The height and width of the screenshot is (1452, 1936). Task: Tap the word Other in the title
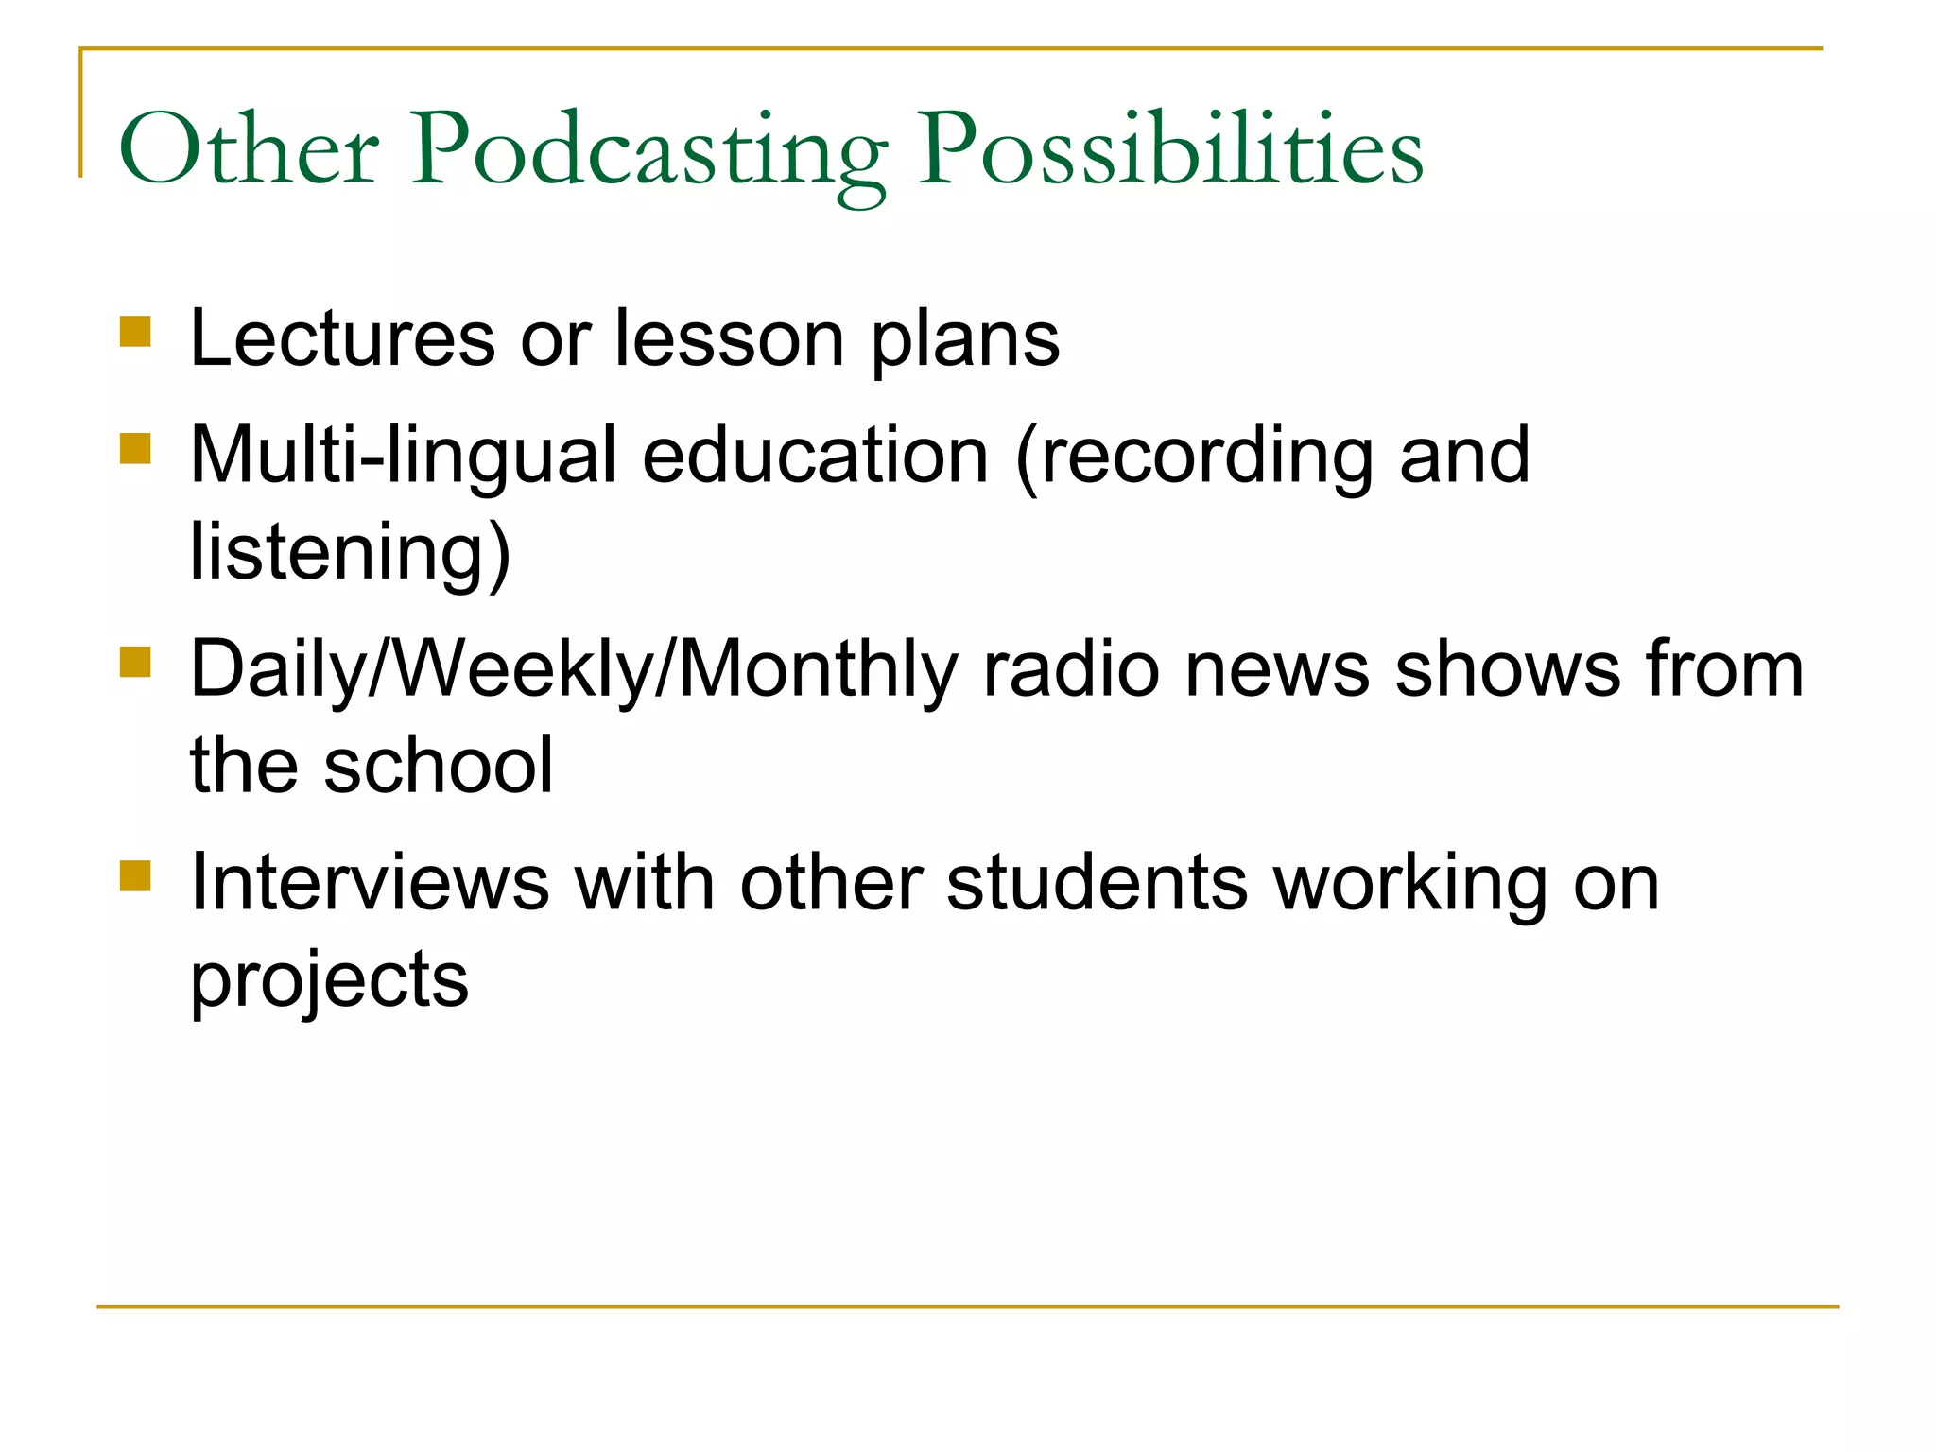coord(250,151)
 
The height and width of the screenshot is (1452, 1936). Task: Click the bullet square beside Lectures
coord(136,332)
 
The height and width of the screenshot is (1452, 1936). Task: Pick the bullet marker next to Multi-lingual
coord(136,448)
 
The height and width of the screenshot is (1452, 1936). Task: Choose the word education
coord(815,456)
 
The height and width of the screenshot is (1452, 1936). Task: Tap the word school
coord(438,766)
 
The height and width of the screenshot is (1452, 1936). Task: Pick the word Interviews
coord(370,883)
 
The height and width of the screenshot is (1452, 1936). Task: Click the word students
coord(1097,883)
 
